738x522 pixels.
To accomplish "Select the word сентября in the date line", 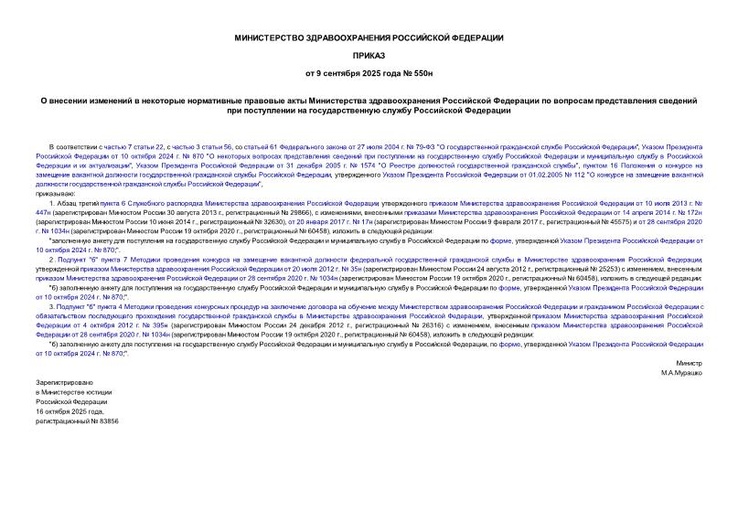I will pos(353,71).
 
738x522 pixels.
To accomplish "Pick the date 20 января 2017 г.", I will pos(316,221).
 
